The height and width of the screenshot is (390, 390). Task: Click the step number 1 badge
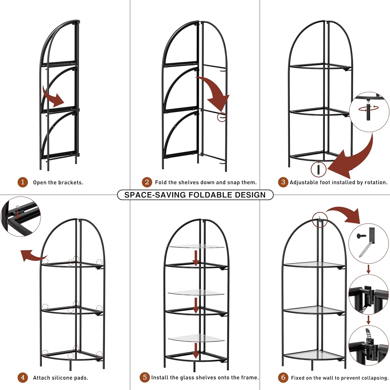click(x=23, y=182)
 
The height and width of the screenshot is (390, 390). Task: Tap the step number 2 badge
click(x=147, y=182)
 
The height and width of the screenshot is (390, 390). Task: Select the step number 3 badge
click(x=283, y=182)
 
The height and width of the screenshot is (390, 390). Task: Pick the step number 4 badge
click(x=23, y=377)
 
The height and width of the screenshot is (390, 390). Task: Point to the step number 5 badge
click(x=145, y=377)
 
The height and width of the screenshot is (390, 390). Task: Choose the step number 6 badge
click(x=283, y=377)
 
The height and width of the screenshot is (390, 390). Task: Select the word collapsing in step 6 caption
click(x=376, y=378)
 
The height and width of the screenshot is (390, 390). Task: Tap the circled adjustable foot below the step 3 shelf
click(x=318, y=169)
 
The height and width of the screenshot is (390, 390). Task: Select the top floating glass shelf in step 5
click(x=196, y=246)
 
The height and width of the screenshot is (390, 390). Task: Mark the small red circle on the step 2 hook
click(x=222, y=117)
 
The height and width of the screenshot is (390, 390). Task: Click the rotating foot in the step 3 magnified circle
click(x=369, y=112)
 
